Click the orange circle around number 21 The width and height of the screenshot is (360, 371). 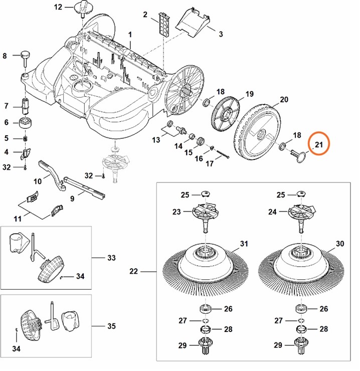[x=319, y=144]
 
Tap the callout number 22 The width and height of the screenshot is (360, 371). [x=133, y=272]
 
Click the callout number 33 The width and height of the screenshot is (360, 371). [x=111, y=258]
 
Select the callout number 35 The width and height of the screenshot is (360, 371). [x=111, y=326]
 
